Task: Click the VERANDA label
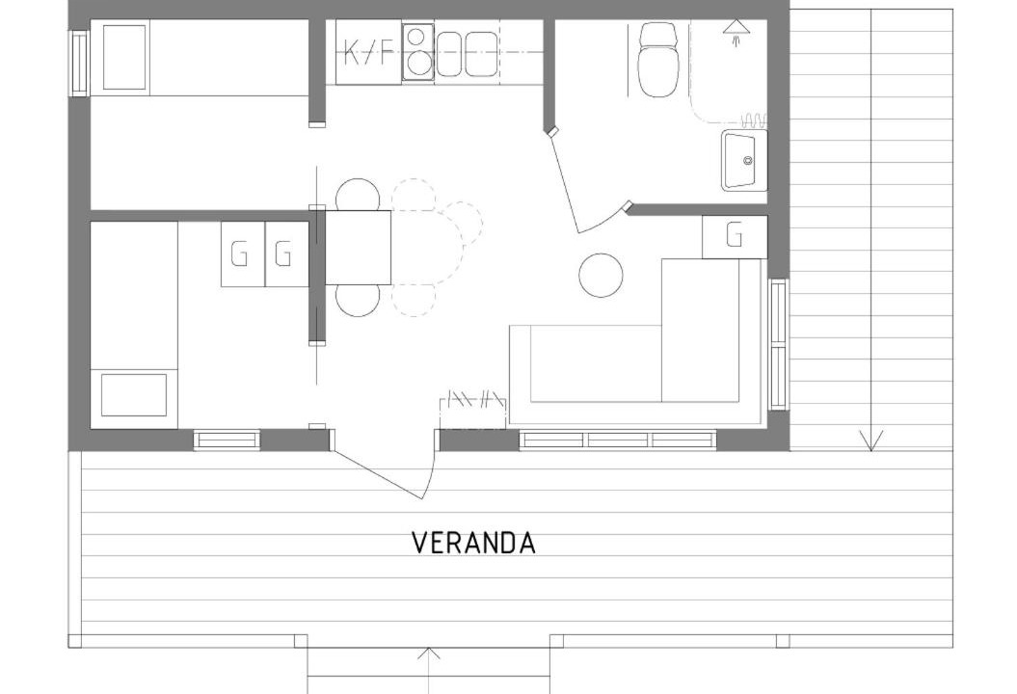click(474, 544)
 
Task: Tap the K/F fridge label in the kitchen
click(368, 53)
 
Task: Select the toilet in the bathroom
click(658, 60)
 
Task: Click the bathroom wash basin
click(744, 161)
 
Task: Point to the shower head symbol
click(736, 32)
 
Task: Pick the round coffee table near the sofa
click(601, 275)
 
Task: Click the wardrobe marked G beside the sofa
click(735, 237)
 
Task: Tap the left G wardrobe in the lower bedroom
click(243, 254)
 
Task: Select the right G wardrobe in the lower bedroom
click(286, 254)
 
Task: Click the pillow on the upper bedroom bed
click(124, 58)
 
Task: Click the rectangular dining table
click(358, 247)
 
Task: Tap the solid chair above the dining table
click(358, 195)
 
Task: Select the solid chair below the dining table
click(358, 301)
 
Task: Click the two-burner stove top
click(417, 53)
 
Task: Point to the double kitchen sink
click(467, 54)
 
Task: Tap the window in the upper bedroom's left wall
click(79, 63)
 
